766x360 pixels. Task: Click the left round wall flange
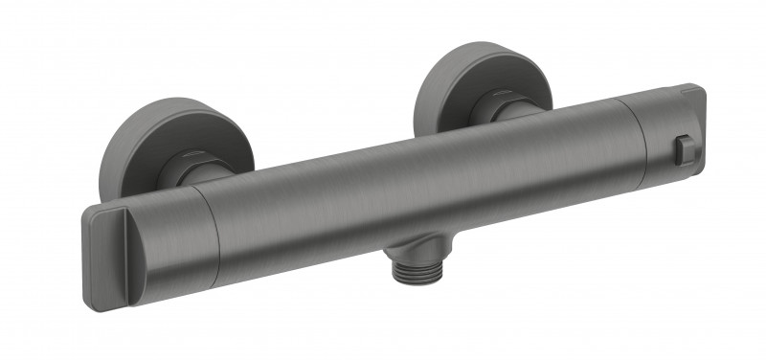[x=129, y=144]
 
